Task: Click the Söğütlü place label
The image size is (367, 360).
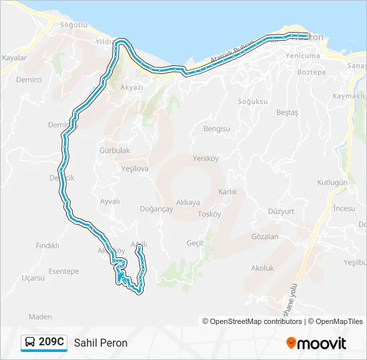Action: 73,25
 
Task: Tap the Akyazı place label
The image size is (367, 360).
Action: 131,87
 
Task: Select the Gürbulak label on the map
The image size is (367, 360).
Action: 114,151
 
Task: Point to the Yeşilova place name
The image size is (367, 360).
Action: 135,169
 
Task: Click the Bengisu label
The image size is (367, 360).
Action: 216,129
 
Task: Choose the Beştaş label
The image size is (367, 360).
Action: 287,113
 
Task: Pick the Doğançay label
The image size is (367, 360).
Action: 157,209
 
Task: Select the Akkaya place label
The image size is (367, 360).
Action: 188,203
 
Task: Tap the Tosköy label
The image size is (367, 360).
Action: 209,214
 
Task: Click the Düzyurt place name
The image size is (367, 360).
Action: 281,211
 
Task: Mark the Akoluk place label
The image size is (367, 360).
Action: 262,268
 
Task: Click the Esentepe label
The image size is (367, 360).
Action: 63,271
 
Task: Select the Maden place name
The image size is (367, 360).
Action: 40,317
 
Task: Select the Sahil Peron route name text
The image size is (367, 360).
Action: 101,343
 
